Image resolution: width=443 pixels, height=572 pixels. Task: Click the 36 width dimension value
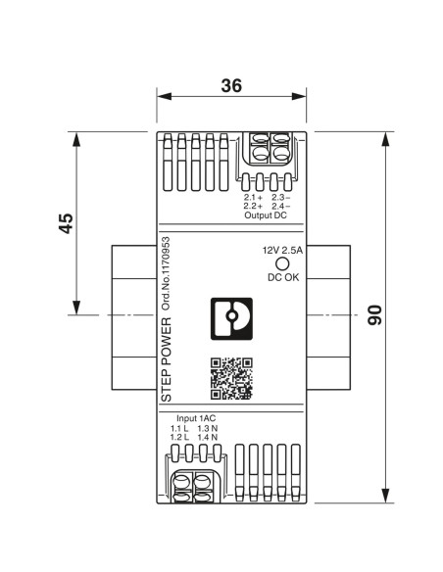click(x=231, y=86)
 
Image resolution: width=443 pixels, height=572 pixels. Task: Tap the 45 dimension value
click(x=66, y=223)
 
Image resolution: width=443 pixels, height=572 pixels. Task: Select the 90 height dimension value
click(x=374, y=315)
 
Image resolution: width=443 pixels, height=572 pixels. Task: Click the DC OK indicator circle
click(x=282, y=263)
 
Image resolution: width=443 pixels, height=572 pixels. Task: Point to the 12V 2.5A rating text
click(x=283, y=251)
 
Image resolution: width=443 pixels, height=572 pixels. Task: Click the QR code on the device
click(x=231, y=379)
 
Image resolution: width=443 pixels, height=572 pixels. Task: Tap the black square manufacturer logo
click(x=231, y=319)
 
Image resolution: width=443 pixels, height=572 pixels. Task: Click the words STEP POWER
click(x=166, y=359)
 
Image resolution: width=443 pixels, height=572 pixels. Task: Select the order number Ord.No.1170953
click(x=166, y=274)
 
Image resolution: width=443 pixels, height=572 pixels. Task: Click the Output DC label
click(x=266, y=215)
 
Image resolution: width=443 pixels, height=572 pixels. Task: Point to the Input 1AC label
click(x=196, y=418)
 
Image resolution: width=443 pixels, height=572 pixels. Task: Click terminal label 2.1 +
click(x=253, y=198)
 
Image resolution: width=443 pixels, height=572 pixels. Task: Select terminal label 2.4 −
click(x=281, y=206)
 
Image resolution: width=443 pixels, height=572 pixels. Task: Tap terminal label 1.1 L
click(x=179, y=428)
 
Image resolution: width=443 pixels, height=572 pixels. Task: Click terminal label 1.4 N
click(x=208, y=437)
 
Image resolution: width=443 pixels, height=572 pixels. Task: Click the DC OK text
click(x=283, y=277)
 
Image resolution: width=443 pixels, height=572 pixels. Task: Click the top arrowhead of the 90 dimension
click(x=385, y=139)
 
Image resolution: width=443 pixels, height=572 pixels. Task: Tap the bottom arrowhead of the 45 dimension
click(x=76, y=308)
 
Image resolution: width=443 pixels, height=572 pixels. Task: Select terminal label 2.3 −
click(x=281, y=198)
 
